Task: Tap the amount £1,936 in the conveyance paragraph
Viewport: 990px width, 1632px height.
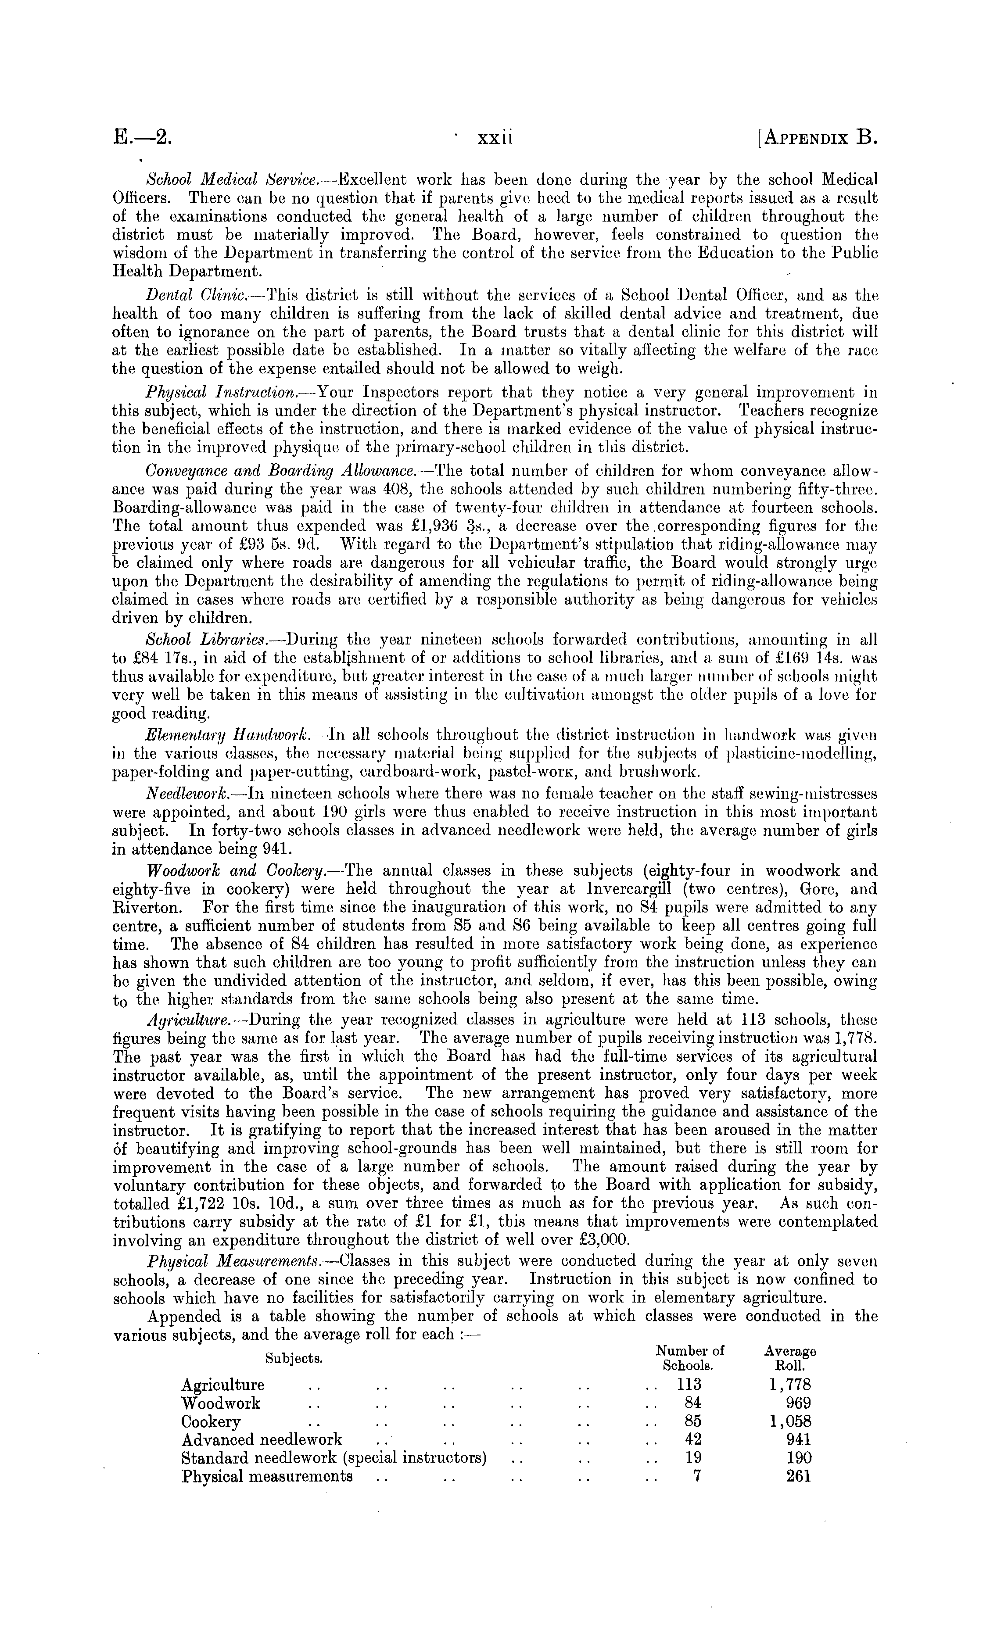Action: point(417,526)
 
